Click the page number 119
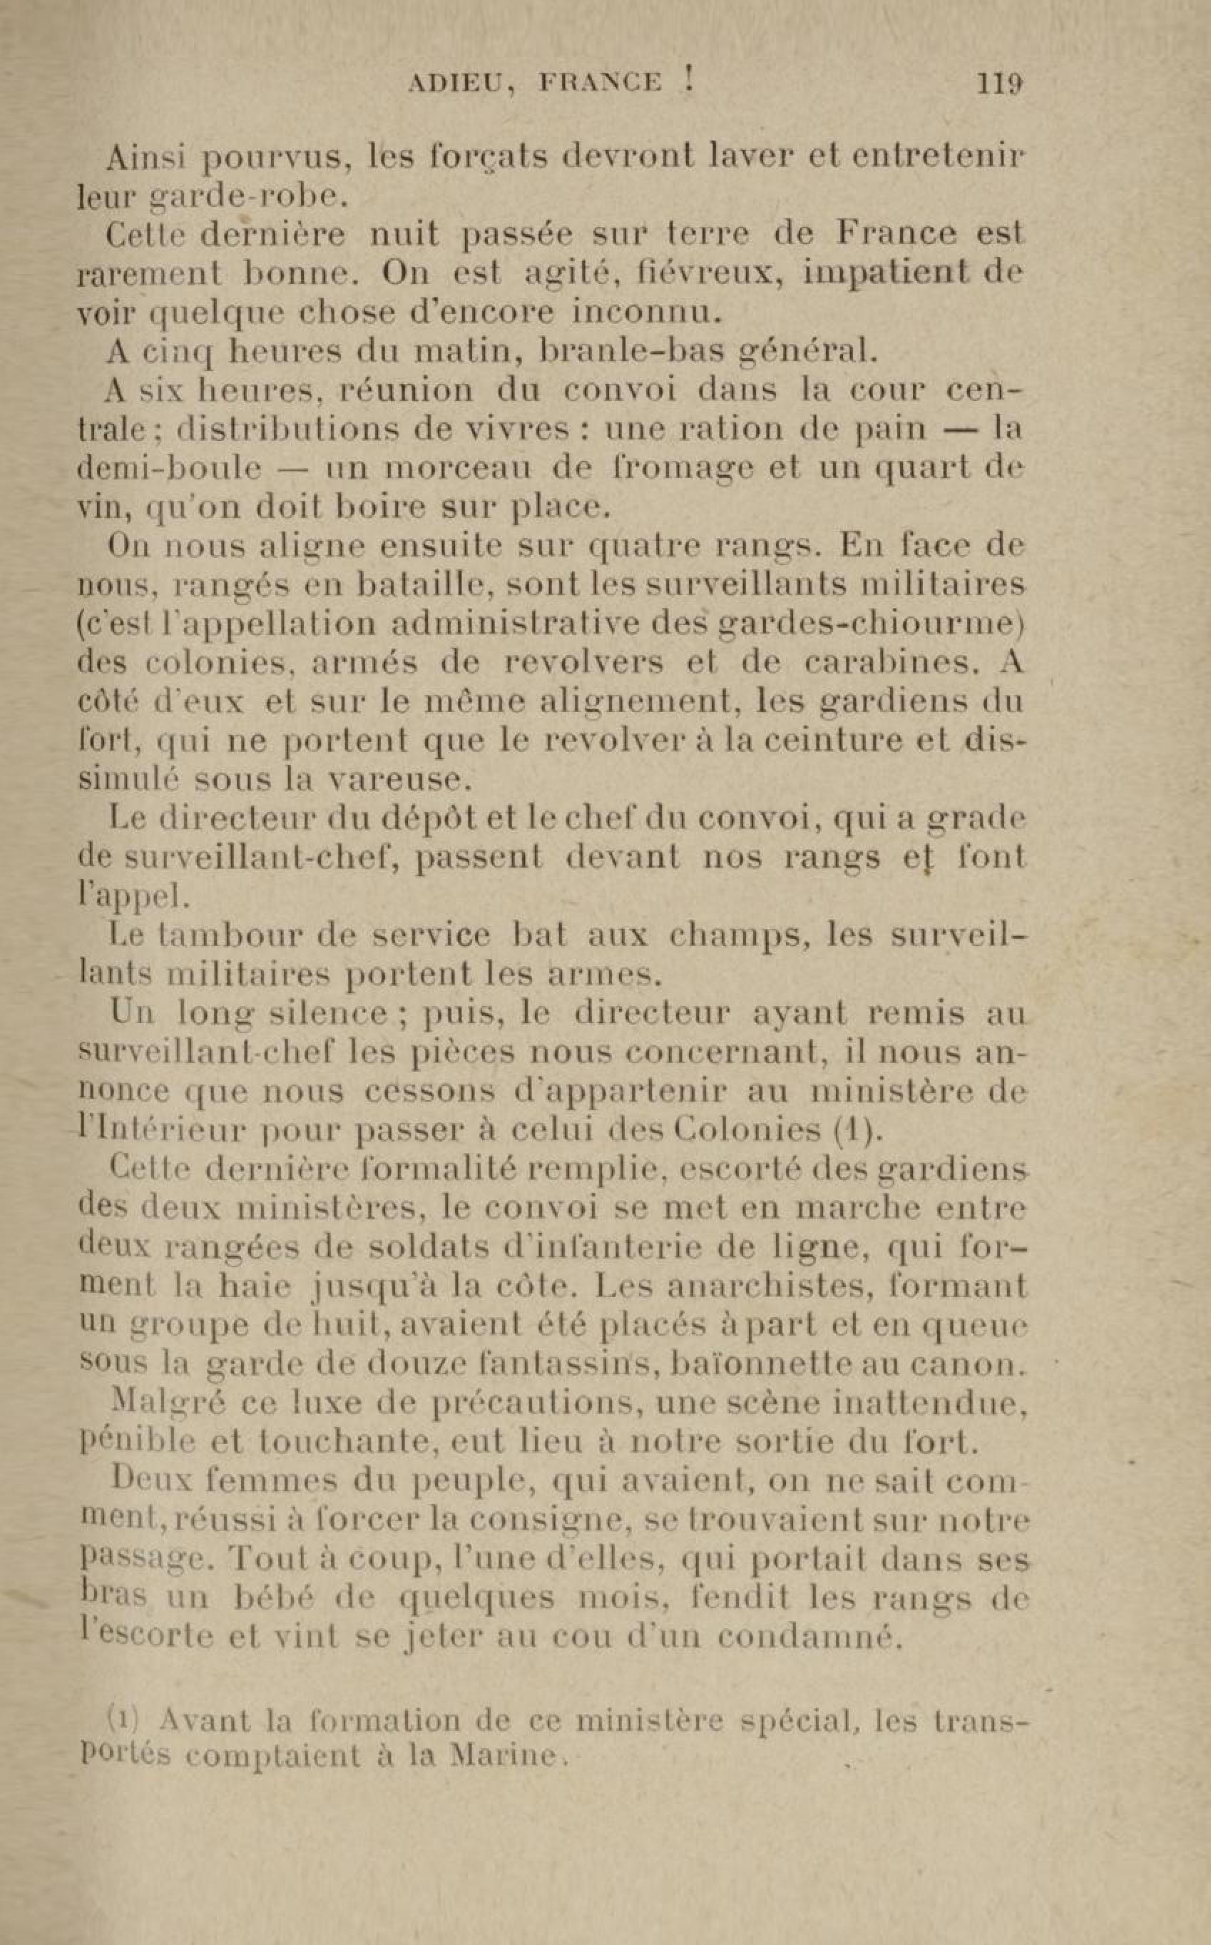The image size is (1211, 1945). pos(1001,83)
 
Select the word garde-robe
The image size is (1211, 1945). pos(249,195)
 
